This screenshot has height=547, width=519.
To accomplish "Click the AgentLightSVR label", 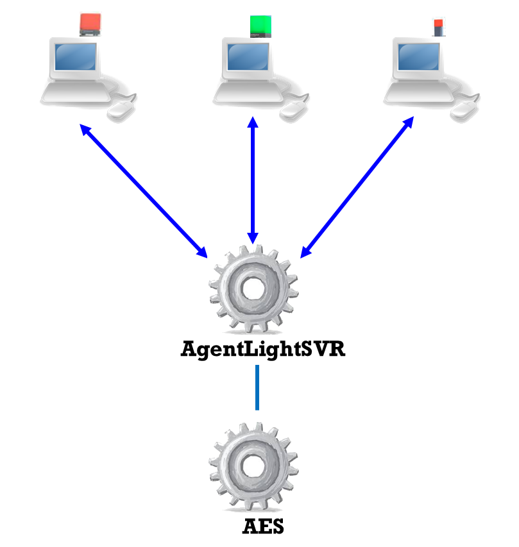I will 263,349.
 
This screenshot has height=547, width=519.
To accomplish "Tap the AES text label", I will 263,526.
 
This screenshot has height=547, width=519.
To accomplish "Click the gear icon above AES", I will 254,466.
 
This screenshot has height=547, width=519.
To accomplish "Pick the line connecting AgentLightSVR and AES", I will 257,387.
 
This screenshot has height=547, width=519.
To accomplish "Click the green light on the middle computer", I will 260,26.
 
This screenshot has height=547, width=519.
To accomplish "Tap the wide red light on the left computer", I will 89,24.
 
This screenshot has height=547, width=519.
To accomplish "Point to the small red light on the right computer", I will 439,24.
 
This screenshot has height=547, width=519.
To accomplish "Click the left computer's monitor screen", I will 76,57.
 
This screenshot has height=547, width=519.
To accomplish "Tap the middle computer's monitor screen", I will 247,57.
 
